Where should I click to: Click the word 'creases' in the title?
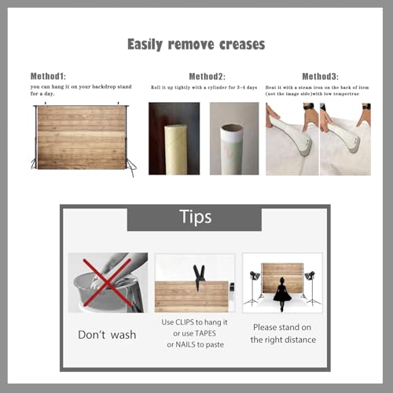click(242, 44)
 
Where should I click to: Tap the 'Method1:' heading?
click(48, 76)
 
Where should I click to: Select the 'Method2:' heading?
click(207, 76)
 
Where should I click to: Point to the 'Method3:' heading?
click(320, 76)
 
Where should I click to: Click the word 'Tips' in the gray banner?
click(196, 217)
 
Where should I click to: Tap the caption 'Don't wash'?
click(107, 335)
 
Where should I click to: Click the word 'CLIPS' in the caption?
click(185, 322)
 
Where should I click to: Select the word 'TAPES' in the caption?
click(205, 333)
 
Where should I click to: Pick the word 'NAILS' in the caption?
click(185, 344)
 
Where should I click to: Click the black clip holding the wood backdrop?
click(199, 277)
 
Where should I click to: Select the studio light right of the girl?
click(311, 288)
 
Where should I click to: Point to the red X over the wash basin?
click(107, 282)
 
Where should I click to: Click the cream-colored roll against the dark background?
click(175, 149)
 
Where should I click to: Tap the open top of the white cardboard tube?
click(232, 128)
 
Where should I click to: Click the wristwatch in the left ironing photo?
click(309, 107)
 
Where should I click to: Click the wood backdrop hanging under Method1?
click(81, 138)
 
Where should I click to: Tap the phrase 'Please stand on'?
click(282, 327)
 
